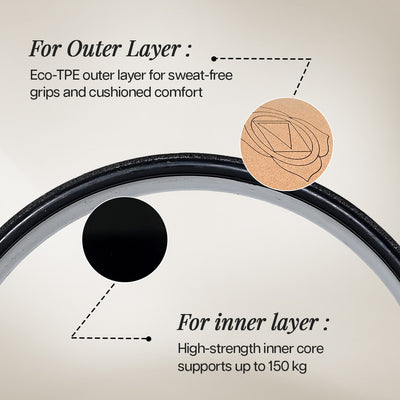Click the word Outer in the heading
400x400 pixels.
click(x=94, y=49)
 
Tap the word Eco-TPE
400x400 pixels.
click(x=55, y=75)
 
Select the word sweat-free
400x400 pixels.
click(x=200, y=75)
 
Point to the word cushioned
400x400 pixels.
click(x=119, y=92)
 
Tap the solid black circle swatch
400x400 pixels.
click(x=124, y=239)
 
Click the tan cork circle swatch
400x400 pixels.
click(x=286, y=144)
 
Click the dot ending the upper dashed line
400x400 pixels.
click(x=214, y=59)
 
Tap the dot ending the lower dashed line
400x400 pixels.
click(x=148, y=339)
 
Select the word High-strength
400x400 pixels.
click(x=219, y=349)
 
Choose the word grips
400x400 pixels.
click(x=44, y=93)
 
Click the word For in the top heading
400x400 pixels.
click(x=45, y=49)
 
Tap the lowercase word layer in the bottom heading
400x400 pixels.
click(x=294, y=324)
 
